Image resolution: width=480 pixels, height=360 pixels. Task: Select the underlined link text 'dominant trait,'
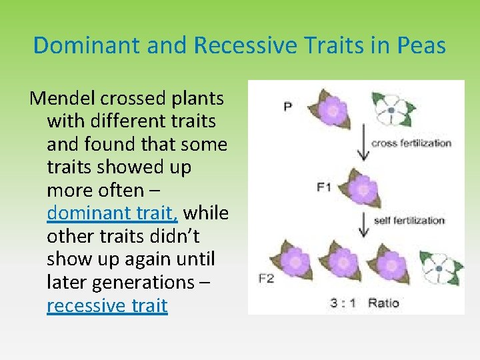click(x=112, y=213)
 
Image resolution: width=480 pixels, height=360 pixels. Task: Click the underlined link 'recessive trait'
click(x=107, y=305)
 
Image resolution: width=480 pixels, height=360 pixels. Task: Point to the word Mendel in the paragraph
click(x=63, y=99)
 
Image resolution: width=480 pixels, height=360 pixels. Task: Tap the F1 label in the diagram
click(x=324, y=187)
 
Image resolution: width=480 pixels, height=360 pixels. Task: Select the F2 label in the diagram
click(x=266, y=279)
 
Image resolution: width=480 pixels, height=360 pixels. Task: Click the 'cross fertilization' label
click(x=411, y=143)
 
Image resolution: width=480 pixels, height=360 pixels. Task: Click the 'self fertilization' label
click(x=409, y=220)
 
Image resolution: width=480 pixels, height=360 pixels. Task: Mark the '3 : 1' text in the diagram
click(x=343, y=303)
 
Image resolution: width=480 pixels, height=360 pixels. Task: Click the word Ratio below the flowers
click(x=384, y=303)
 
